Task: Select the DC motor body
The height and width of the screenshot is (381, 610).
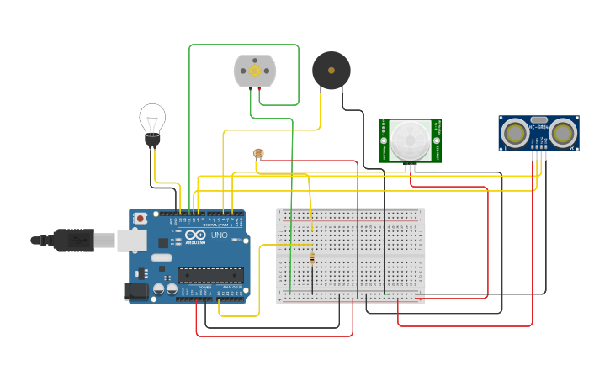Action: [x=254, y=71]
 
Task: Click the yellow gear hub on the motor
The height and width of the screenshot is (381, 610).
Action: [x=254, y=71]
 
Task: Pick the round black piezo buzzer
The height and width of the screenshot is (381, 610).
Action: [x=331, y=70]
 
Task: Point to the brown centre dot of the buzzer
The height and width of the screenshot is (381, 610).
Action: [x=331, y=70]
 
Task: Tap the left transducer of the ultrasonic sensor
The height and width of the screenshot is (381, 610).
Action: [x=514, y=132]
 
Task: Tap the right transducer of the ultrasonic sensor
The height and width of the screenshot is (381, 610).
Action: [x=563, y=132]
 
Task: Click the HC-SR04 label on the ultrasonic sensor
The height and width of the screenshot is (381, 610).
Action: [x=538, y=127]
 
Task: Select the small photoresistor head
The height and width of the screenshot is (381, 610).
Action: [x=258, y=153]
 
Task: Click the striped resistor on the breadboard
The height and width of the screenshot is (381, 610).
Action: [x=312, y=258]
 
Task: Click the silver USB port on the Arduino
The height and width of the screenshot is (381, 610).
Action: [x=130, y=240]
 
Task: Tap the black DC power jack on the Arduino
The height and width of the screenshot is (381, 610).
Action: [x=136, y=291]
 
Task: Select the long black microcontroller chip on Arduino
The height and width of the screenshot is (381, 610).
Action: [x=210, y=274]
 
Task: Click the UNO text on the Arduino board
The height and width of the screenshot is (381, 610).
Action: [x=219, y=235]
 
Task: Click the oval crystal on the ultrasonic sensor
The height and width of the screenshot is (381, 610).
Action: [x=538, y=119]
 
